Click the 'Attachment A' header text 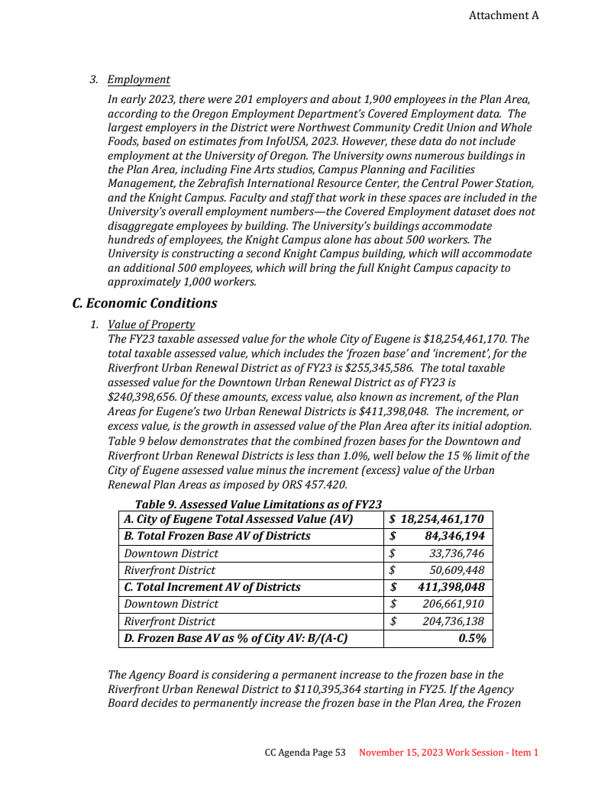click(503, 15)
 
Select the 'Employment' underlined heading click(138, 80)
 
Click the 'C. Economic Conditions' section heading click(144, 303)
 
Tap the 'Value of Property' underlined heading click(151, 324)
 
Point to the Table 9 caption click(258, 504)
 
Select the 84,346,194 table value click(454, 536)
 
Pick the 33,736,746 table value click(456, 553)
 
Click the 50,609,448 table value click(456, 570)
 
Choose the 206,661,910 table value click(453, 604)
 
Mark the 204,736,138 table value click(453, 621)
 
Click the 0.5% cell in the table click(472, 638)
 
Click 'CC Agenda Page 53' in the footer click(305, 753)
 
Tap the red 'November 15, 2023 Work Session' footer click(448, 753)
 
